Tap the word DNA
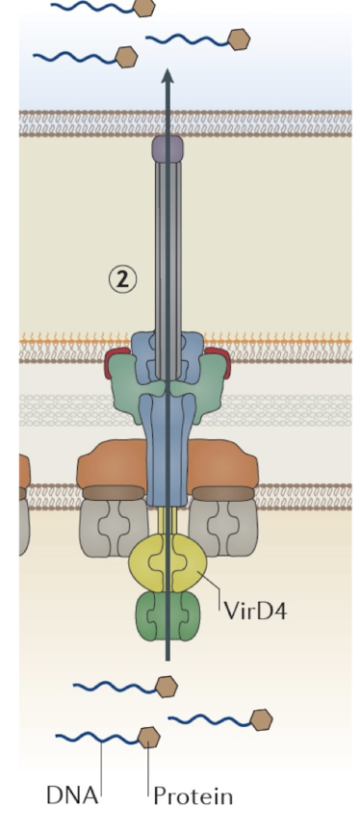coord(72,796)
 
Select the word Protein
coord(193,796)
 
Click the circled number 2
coord(122,279)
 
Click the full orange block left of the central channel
coord(114,465)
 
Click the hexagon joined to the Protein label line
coord(148,738)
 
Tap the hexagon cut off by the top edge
coord(144,8)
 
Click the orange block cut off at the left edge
coord(24,472)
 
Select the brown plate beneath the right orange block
coord(223,493)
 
